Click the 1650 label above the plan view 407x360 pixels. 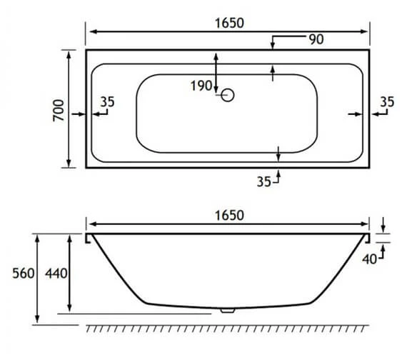coord(228,21)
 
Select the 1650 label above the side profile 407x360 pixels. coord(228,214)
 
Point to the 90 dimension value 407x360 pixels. coord(316,39)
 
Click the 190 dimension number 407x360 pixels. coord(202,86)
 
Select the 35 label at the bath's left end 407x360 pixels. coord(107,102)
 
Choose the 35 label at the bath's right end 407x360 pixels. coord(386,102)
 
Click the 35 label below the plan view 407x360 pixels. coord(264,182)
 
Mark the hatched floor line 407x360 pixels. coord(228,327)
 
